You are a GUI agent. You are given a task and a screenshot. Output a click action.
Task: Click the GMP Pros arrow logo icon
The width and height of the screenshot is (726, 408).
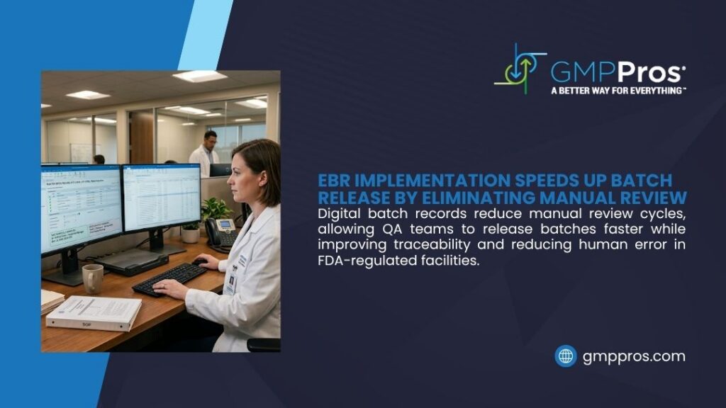pyautogui.click(x=520, y=69)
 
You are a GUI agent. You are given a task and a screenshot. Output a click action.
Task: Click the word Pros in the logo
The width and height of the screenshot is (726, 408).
pyautogui.click(x=649, y=71)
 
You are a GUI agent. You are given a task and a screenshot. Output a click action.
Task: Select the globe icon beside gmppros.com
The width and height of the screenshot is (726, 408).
pyautogui.click(x=565, y=356)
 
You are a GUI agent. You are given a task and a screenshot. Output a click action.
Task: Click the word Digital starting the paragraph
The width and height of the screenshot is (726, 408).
pyautogui.click(x=341, y=212)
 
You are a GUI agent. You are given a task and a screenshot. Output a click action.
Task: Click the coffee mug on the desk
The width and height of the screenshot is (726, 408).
pyautogui.click(x=92, y=278)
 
